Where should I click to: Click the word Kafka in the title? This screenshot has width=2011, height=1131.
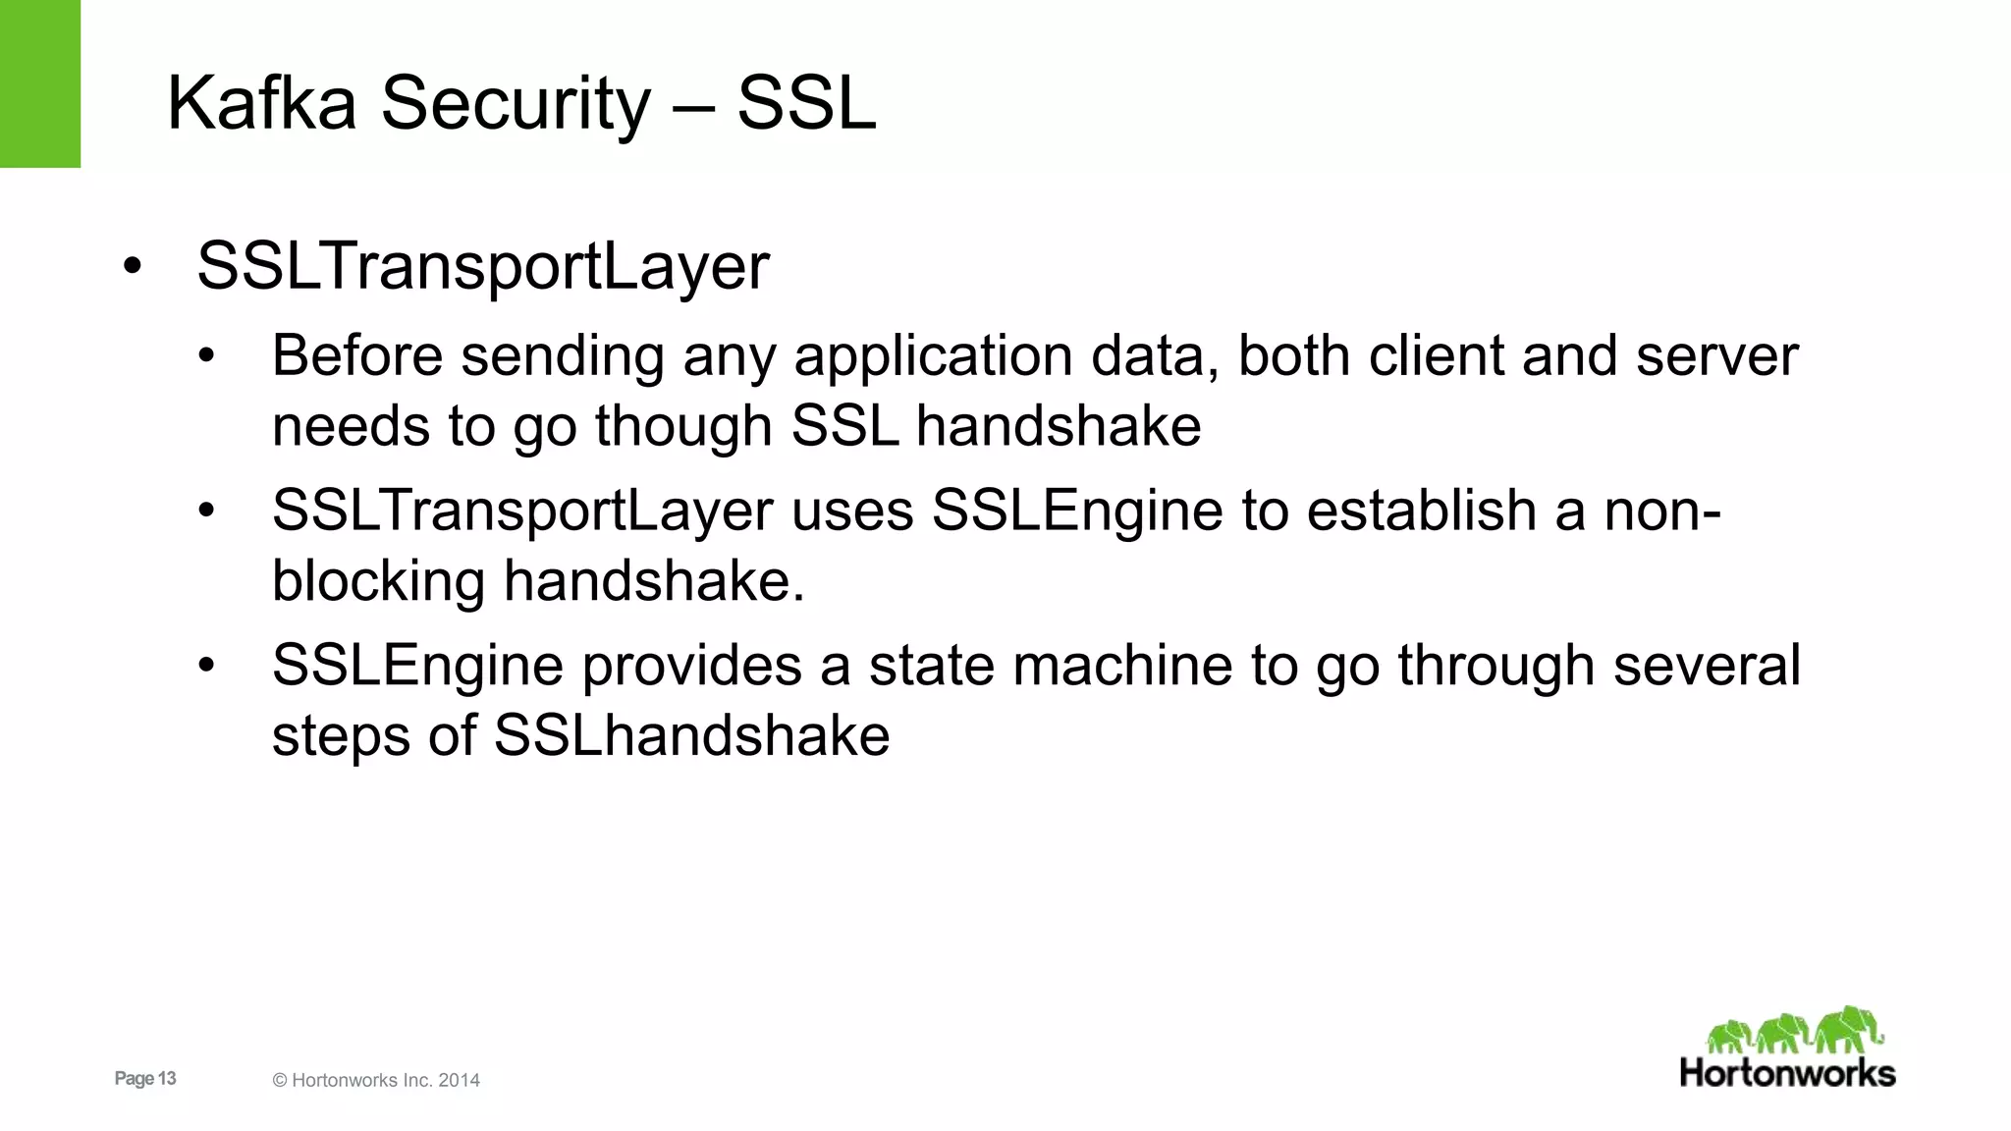261,103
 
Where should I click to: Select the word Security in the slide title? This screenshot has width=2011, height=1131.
516,103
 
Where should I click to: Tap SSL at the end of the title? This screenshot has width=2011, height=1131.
806,103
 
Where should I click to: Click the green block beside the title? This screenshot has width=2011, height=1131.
40,83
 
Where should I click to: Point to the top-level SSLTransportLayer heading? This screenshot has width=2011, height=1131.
483,266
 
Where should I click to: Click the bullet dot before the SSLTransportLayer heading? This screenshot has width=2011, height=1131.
133,267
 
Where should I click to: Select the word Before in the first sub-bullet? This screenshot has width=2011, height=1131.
357,355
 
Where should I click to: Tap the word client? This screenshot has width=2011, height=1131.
1437,355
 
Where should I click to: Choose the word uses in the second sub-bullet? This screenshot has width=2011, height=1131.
852,511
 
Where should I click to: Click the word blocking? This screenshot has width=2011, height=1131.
378,581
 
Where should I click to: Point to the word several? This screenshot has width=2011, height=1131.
1707,666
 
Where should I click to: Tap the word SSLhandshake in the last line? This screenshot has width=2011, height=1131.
691,736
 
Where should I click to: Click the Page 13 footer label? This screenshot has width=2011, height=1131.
145,1079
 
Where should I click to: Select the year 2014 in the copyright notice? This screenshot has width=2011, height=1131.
459,1081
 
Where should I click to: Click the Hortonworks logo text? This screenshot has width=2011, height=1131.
1787,1073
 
